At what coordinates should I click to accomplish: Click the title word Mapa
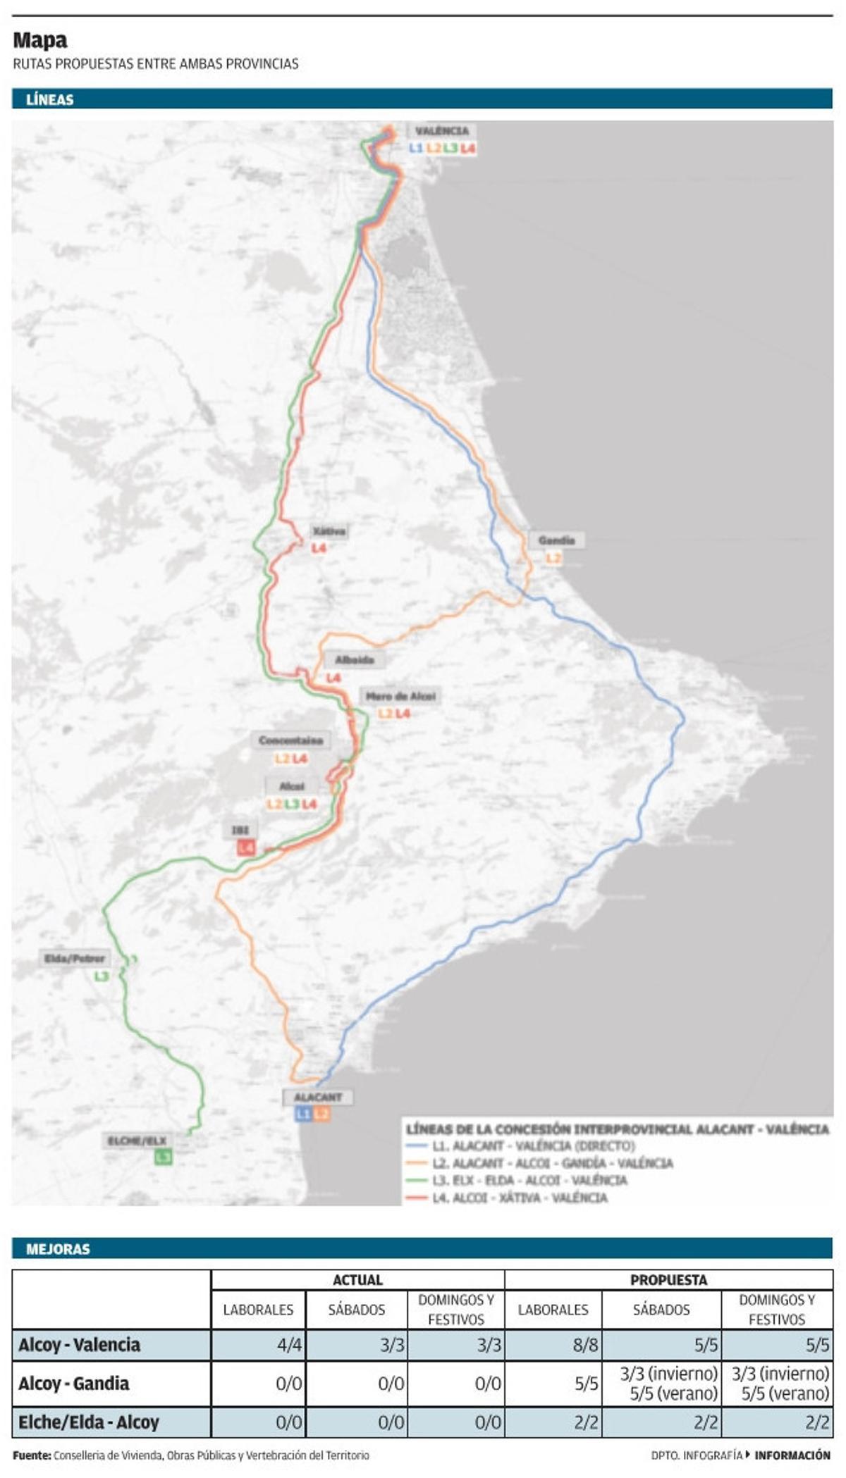pyautogui.click(x=40, y=40)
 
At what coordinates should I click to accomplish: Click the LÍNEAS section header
pyautogui.click(x=49, y=99)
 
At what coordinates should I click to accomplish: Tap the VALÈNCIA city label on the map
pyautogui.click(x=441, y=131)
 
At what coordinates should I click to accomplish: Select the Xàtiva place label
pyautogui.click(x=329, y=531)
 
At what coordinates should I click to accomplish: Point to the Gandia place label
pyautogui.click(x=556, y=541)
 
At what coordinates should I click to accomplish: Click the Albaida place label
pyautogui.click(x=354, y=660)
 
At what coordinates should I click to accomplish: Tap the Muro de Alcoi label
pyautogui.click(x=400, y=697)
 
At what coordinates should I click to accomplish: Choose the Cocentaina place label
pyautogui.click(x=290, y=740)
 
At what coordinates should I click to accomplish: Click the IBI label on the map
pyautogui.click(x=240, y=830)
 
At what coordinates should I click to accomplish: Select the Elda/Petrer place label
pyautogui.click(x=75, y=958)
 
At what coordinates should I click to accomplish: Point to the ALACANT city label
pyautogui.click(x=317, y=1097)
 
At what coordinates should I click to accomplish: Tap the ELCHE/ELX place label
pyautogui.click(x=137, y=1141)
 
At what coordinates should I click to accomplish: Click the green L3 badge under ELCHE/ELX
pyautogui.click(x=163, y=1157)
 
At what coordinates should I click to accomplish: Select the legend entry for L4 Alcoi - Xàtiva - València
pyautogui.click(x=519, y=1198)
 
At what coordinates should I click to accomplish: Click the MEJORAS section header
pyautogui.click(x=58, y=1249)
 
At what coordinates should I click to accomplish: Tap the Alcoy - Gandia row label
pyautogui.click(x=73, y=1384)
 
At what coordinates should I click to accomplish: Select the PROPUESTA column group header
pyautogui.click(x=668, y=1280)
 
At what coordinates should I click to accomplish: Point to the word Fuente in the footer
pyautogui.click(x=31, y=1455)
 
